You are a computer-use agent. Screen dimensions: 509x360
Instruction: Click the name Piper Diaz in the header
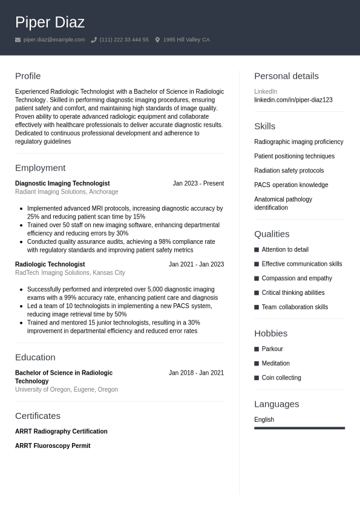tap(50, 22)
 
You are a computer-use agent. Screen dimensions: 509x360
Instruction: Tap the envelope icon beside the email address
tap(18, 40)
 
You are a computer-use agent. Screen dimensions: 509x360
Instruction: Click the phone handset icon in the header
tap(94, 40)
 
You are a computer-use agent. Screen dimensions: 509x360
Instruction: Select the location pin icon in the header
tap(157, 40)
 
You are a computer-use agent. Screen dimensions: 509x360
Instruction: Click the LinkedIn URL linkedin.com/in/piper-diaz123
tap(293, 100)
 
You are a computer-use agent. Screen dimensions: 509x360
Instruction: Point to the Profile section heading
tap(28, 76)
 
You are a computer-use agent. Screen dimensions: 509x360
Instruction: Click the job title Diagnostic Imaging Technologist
tap(62, 183)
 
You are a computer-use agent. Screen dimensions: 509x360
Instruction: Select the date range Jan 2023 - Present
tap(198, 183)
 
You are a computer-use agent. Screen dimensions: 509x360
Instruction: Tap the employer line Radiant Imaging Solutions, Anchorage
tap(67, 192)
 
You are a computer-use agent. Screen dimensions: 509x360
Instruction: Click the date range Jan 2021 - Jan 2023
tap(196, 264)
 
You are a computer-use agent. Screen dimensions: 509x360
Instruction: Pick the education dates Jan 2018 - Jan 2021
tap(196, 373)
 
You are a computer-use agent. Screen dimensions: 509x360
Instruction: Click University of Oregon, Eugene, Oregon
tap(67, 390)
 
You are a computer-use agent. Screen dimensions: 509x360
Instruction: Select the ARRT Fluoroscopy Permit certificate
tap(53, 446)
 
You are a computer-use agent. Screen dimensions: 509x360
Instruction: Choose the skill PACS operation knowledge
tap(291, 185)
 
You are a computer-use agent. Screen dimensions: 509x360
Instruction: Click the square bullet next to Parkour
tap(257, 349)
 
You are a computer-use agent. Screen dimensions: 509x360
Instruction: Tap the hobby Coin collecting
tap(281, 378)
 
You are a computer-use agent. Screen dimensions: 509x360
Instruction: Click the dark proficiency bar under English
tap(299, 428)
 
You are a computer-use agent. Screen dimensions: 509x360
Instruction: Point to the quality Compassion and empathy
tap(296, 278)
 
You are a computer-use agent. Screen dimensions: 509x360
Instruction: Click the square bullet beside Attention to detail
tap(257, 249)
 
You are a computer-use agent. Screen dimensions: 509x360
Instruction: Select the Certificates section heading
tap(38, 416)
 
